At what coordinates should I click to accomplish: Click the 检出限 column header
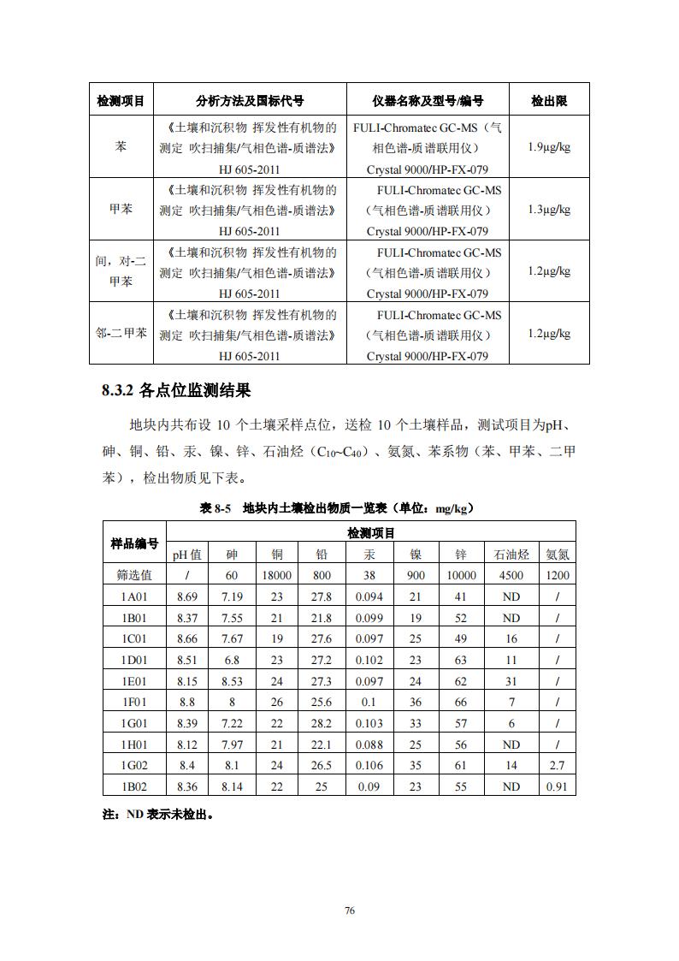(x=548, y=101)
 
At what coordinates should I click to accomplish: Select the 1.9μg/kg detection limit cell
(x=548, y=146)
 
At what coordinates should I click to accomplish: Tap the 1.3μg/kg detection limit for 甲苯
(x=548, y=209)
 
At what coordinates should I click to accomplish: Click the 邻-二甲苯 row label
(x=121, y=334)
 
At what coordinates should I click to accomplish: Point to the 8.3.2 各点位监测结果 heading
(x=176, y=391)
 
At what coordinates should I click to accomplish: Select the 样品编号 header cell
(x=134, y=543)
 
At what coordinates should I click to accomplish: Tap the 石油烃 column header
(x=511, y=554)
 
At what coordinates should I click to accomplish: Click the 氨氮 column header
(x=558, y=554)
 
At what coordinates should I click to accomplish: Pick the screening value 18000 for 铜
(x=277, y=575)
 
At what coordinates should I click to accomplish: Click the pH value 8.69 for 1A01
(x=186, y=596)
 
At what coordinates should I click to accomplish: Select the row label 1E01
(x=134, y=681)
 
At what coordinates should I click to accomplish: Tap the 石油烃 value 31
(x=511, y=681)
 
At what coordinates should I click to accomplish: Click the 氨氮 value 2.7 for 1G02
(x=558, y=766)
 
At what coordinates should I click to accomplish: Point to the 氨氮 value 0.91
(x=558, y=786)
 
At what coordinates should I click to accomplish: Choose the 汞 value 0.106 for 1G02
(x=369, y=766)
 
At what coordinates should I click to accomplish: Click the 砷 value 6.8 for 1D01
(x=232, y=660)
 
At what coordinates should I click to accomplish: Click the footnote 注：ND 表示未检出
(x=157, y=815)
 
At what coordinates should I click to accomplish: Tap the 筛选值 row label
(x=134, y=575)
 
